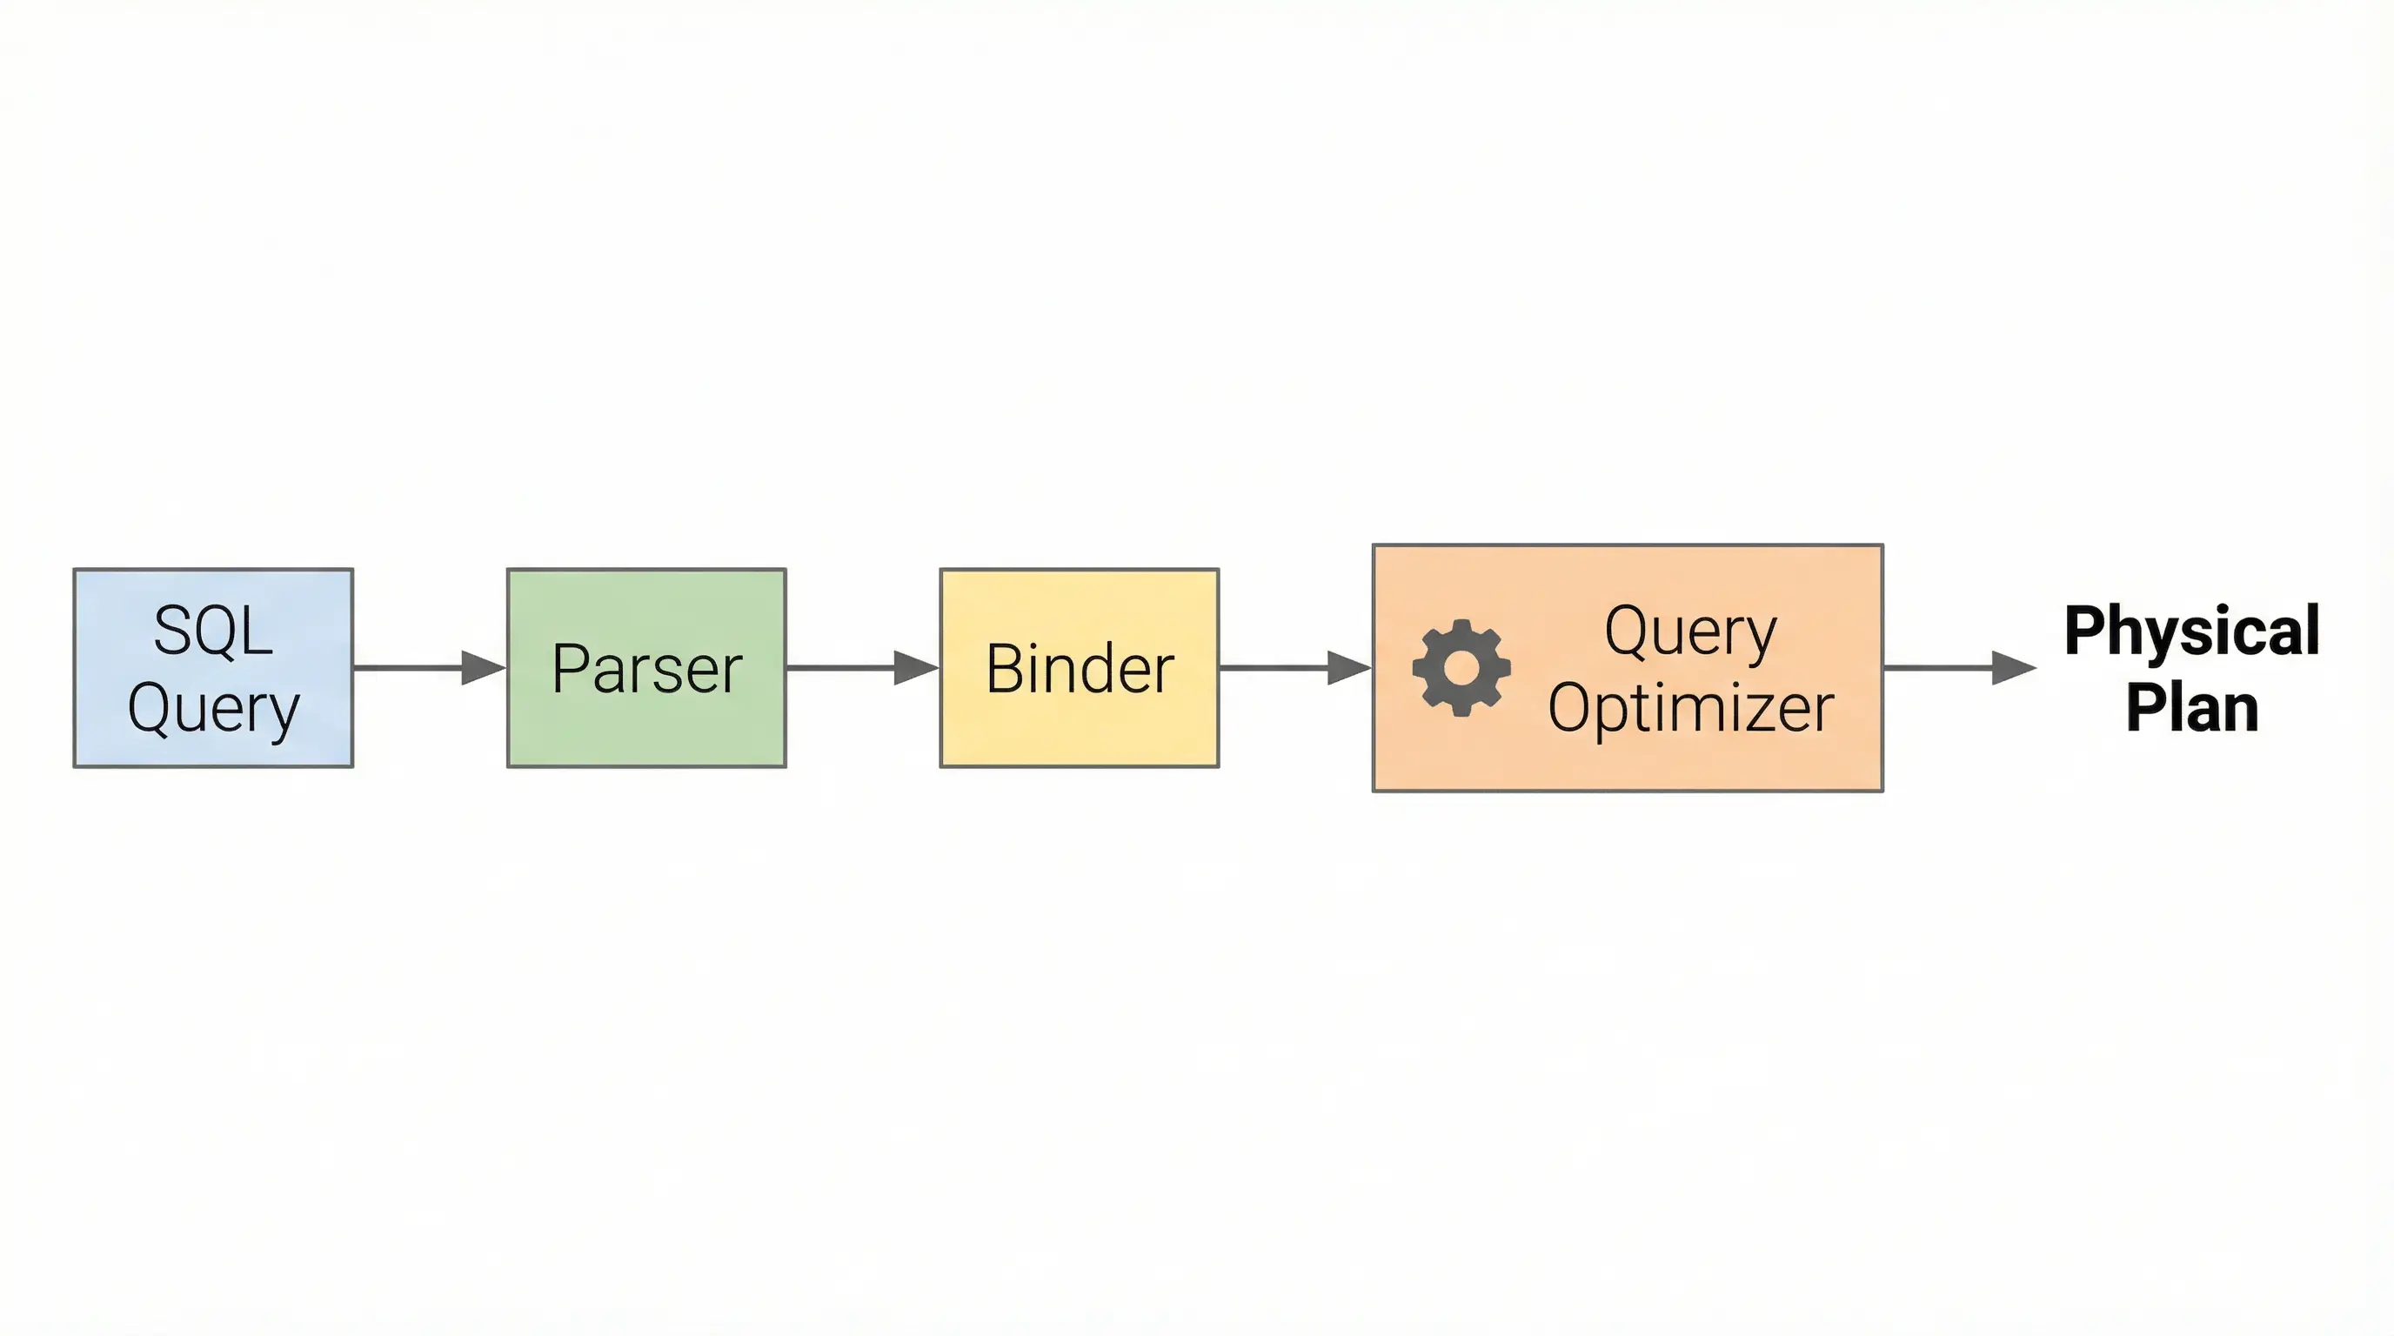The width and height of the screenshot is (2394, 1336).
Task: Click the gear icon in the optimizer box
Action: [1461, 667]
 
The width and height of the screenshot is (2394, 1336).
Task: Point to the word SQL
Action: [213, 631]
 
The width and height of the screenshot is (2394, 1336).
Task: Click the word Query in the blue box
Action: [213, 709]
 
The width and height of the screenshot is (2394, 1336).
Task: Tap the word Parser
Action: [647, 668]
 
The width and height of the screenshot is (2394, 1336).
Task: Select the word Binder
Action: [1080, 668]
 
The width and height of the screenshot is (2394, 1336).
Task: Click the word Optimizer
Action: [1690, 709]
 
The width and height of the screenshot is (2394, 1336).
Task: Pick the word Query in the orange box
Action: [1690, 631]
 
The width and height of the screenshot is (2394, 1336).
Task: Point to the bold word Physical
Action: [2191, 631]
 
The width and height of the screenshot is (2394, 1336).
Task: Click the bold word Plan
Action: [2191, 709]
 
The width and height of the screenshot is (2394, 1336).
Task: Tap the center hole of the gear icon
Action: [1461, 668]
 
